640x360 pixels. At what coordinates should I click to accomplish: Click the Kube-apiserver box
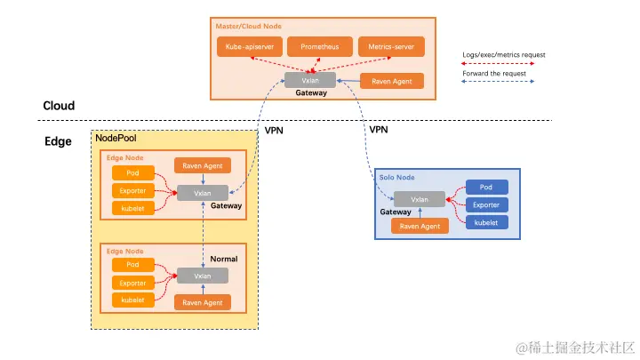[247, 45]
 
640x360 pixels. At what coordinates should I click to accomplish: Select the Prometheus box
[319, 45]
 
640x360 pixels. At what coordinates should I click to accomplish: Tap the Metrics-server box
[391, 45]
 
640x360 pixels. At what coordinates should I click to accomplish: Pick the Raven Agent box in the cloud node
[392, 81]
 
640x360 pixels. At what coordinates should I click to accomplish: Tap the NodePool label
[116, 140]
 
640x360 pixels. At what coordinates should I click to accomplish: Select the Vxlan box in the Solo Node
[420, 198]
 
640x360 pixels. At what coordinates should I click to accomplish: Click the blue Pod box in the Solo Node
[486, 188]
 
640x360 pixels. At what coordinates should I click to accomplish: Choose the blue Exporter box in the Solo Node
[486, 204]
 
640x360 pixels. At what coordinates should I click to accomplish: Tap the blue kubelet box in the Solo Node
[486, 221]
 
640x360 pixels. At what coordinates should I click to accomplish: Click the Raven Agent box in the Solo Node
[420, 226]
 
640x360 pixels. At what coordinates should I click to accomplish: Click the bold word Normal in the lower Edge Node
[224, 259]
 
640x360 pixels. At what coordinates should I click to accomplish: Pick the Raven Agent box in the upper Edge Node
[202, 165]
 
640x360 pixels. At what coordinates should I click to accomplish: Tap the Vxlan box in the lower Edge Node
[202, 276]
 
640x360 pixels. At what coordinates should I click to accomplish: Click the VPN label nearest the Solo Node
[379, 130]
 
